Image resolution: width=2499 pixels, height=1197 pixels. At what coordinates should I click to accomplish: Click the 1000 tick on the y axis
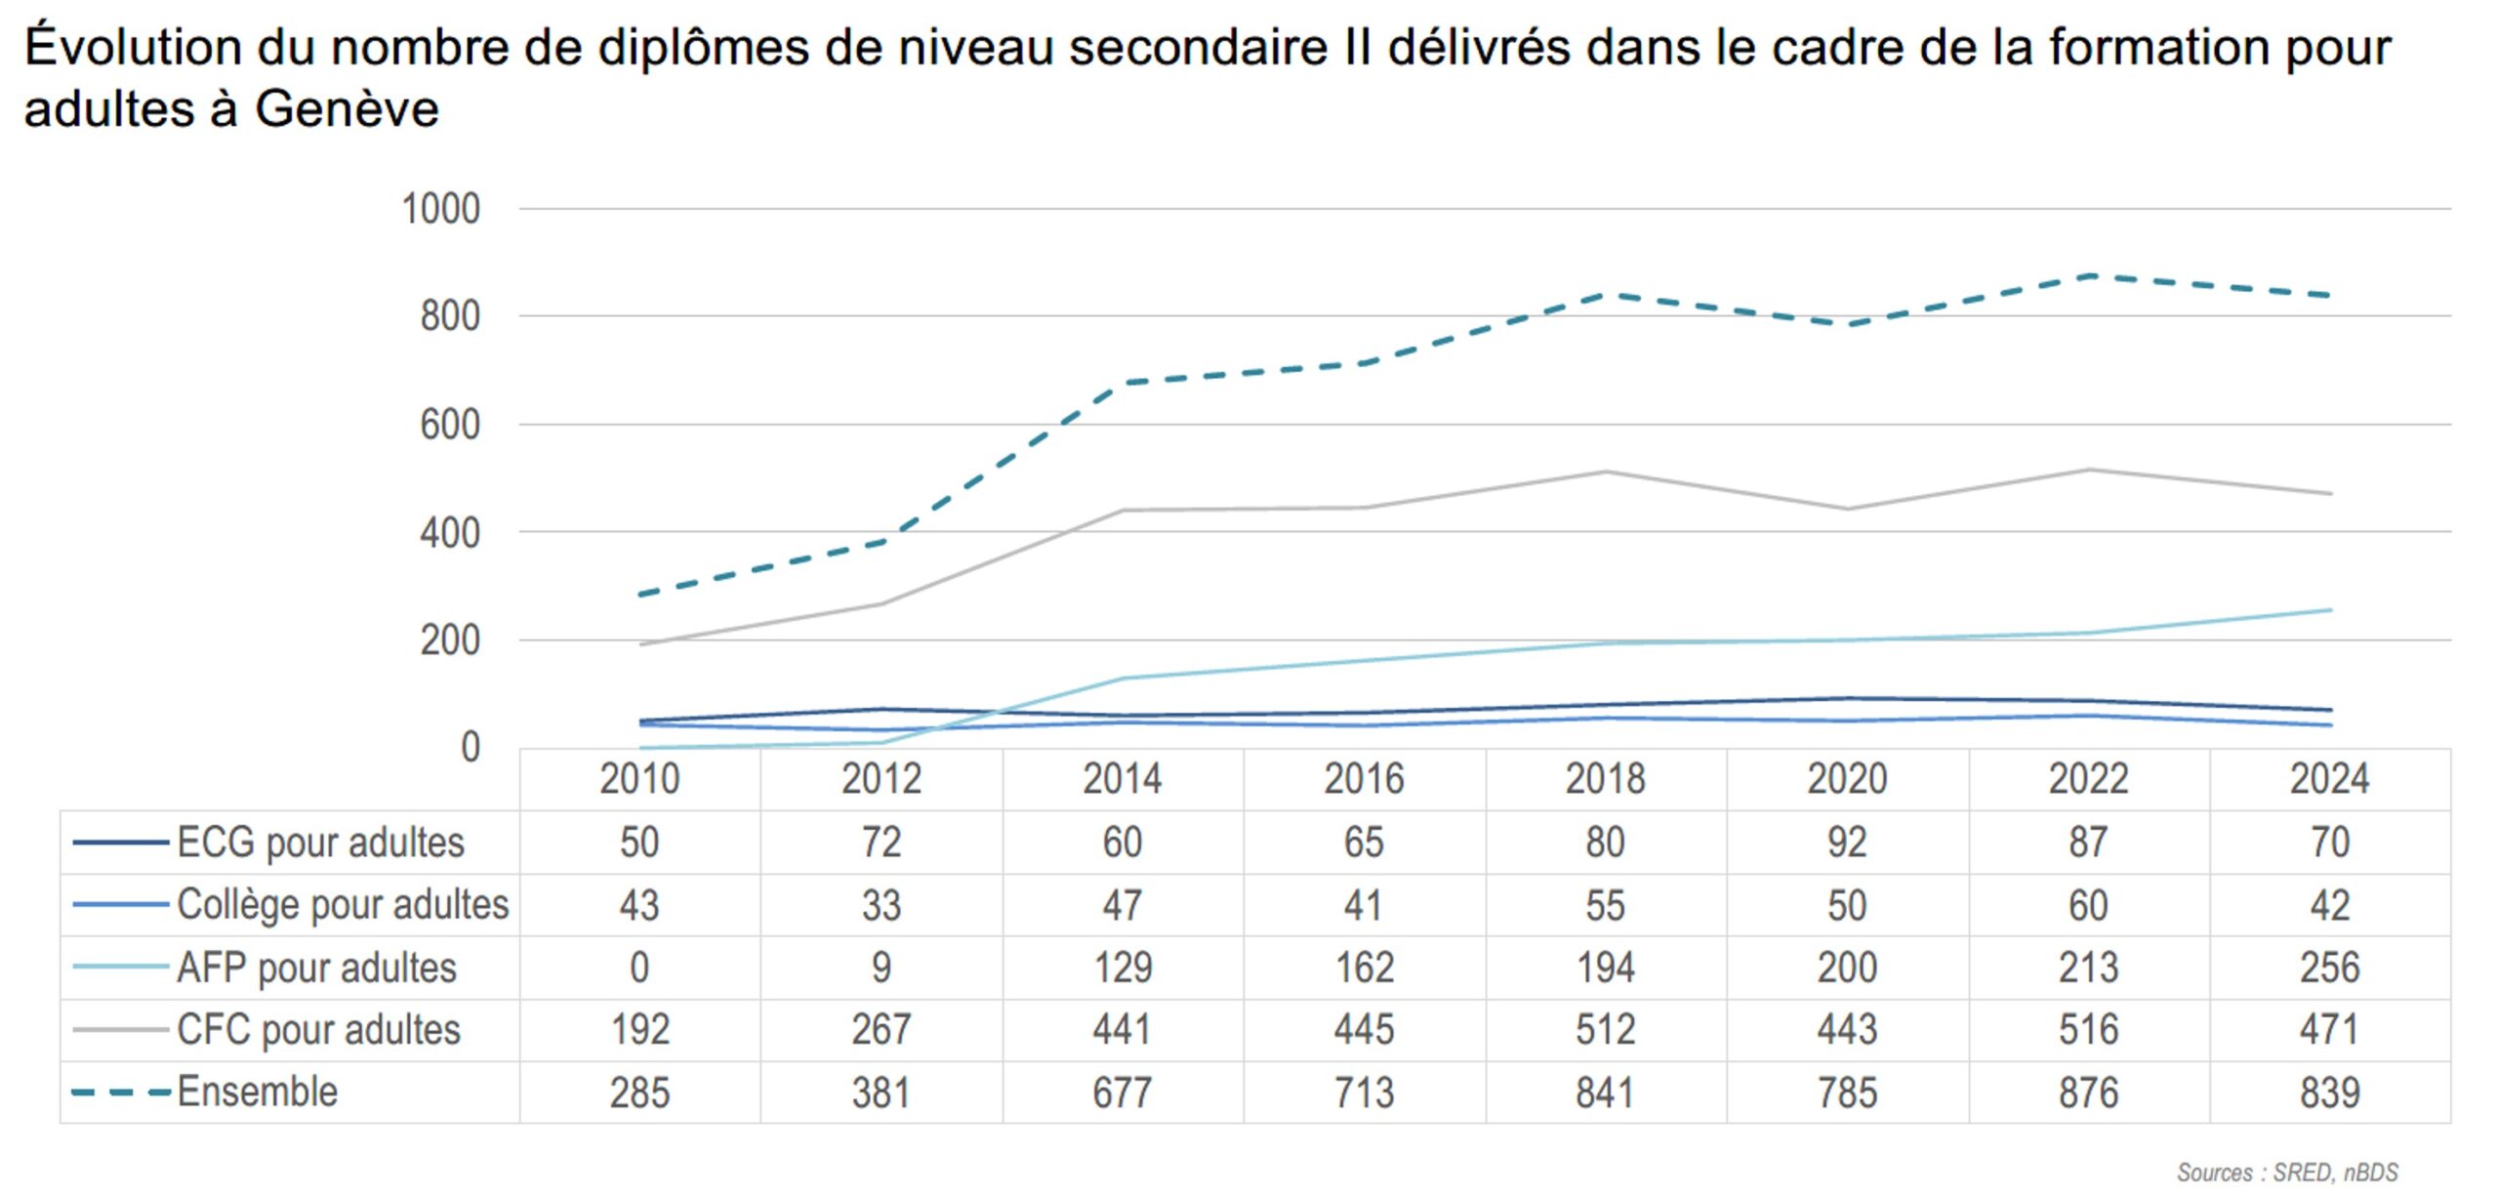point(440,209)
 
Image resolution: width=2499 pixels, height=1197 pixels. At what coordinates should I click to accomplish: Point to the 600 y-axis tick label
point(449,426)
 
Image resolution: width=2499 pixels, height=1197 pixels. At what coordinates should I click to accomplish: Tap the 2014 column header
point(1122,779)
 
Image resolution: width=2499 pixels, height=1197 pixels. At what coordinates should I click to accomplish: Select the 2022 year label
point(2088,779)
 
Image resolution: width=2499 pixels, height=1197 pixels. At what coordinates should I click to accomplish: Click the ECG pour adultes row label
point(320,843)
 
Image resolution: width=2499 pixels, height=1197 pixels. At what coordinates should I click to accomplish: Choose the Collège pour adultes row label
point(343,905)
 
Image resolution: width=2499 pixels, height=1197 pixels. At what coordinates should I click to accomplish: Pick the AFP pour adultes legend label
point(316,968)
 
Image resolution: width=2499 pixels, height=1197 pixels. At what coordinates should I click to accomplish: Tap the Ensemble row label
point(258,1092)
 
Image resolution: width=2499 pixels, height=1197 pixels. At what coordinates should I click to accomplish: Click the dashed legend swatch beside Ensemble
point(120,1092)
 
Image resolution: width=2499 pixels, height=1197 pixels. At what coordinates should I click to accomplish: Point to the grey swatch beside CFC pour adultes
point(120,1030)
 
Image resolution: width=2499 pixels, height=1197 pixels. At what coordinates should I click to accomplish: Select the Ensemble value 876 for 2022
point(2088,1093)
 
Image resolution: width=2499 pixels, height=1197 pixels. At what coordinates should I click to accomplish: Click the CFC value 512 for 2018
point(1605,1030)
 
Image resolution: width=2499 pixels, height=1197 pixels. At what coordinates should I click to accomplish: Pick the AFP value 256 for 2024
point(2329,968)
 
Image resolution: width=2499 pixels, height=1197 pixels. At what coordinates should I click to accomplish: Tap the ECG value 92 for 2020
point(1847,843)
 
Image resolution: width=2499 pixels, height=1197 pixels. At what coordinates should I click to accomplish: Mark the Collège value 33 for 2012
point(881,905)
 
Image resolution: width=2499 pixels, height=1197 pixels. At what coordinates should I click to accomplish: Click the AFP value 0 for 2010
point(639,968)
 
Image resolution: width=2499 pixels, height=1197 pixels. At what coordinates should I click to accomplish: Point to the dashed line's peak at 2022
point(2088,276)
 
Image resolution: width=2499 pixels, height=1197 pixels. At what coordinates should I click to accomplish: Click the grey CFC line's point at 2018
point(1606,473)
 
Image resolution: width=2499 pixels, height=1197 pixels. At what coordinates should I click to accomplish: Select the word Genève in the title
point(347,108)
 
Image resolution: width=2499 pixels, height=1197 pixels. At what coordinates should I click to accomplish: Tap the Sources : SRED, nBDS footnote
point(2286,1172)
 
